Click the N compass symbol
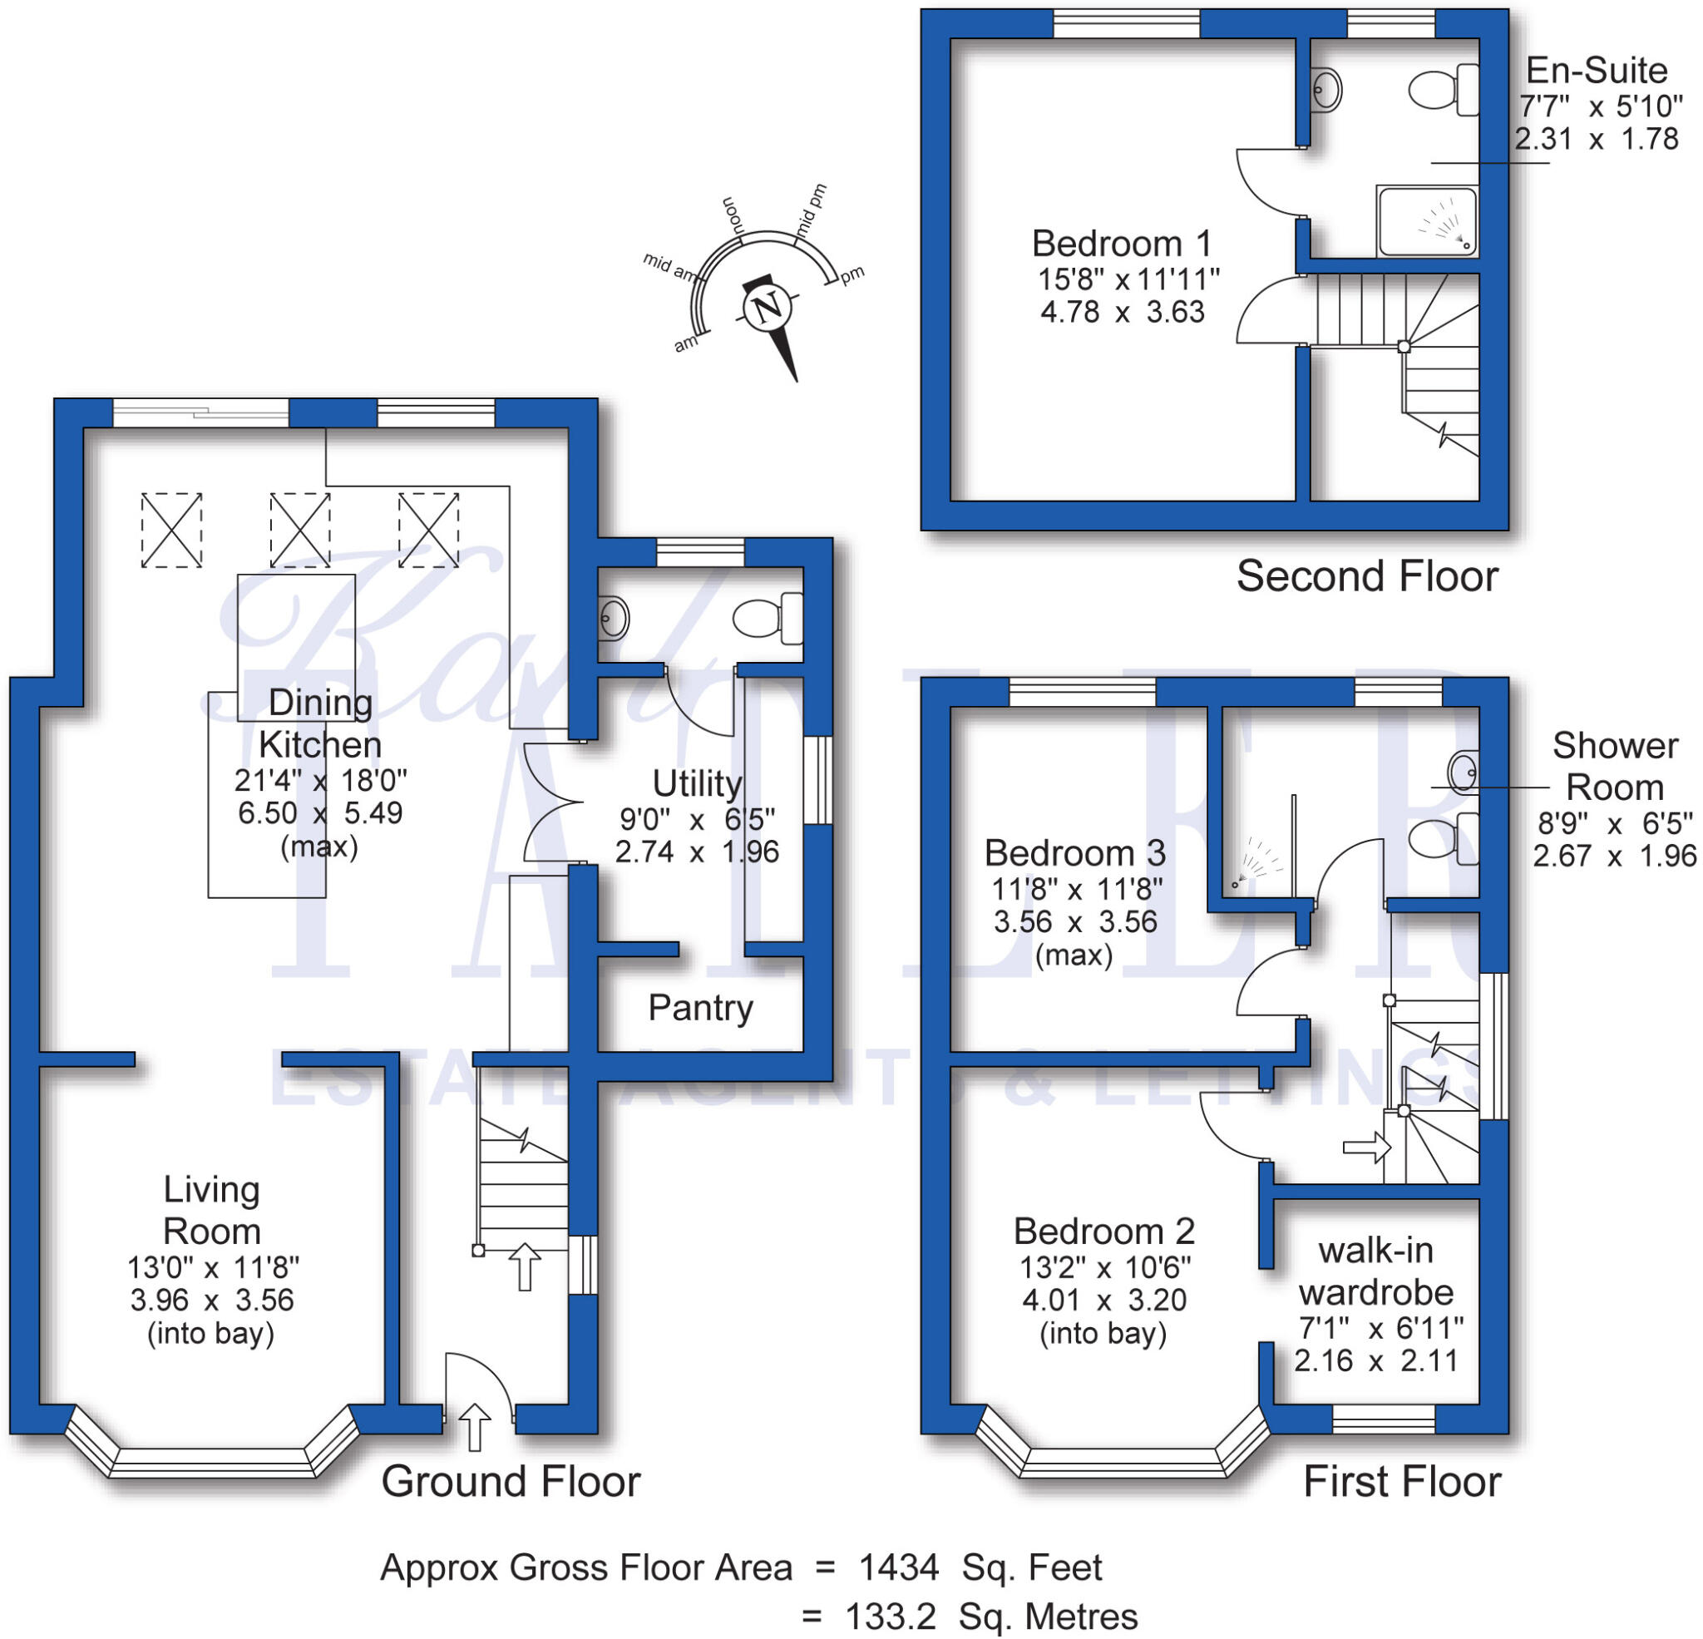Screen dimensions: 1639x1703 tap(768, 308)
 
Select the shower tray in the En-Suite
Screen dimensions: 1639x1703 tap(1426, 220)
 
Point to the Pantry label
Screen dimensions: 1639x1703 tap(700, 1008)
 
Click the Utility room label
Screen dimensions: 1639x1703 tap(697, 784)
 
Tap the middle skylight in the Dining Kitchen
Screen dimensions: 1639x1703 tap(299, 530)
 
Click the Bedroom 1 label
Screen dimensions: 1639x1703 tap(1121, 244)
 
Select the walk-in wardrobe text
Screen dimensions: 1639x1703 tap(1376, 1271)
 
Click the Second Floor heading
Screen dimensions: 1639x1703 tap(1367, 577)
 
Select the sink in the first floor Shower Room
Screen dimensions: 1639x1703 tap(1464, 770)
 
